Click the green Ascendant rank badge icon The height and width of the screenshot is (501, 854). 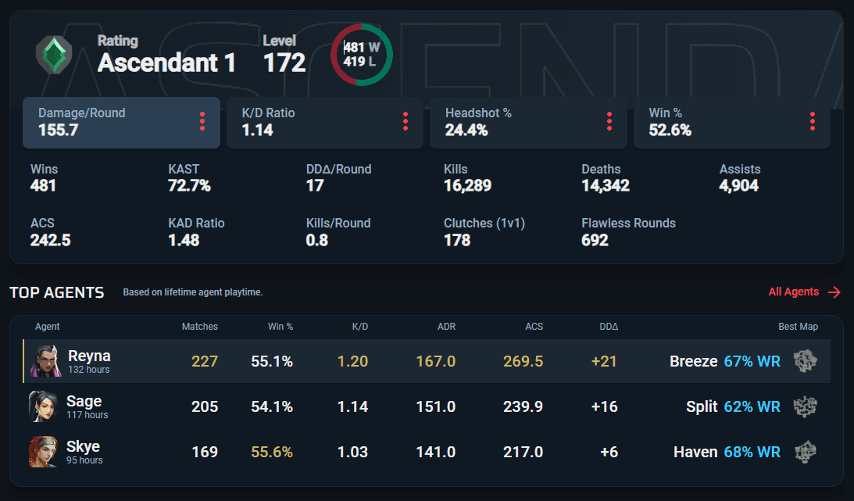pyautogui.click(x=54, y=55)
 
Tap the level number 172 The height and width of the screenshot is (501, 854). pyautogui.click(x=284, y=63)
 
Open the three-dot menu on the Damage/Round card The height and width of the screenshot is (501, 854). pyautogui.click(x=202, y=121)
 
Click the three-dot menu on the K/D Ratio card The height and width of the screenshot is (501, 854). pyautogui.click(x=406, y=121)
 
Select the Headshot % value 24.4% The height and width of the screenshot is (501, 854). pyautogui.click(x=466, y=131)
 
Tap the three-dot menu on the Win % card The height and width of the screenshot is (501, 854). pyautogui.click(x=812, y=121)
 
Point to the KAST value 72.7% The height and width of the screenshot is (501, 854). pyautogui.click(x=189, y=186)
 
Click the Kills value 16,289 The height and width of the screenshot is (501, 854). pyautogui.click(x=467, y=186)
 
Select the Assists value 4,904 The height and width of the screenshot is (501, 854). pyautogui.click(x=738, y=186)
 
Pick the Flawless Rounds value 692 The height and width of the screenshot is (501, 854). pyautogui.click(x=595, y=240)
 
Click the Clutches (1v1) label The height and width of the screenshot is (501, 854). pyautogui.click(x=484, y=224)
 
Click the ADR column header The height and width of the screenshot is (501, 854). pyautogui.click(x=446, y=327)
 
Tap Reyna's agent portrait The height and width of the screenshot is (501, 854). pyautogui.click(x=46, y=361)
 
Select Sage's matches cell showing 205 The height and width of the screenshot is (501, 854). pyautogui.click(x=205, y=406)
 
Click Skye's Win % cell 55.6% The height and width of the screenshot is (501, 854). pyautogui.click(x=272, y=452)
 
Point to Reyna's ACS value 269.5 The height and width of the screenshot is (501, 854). pyautogui.click(x=523, y=362)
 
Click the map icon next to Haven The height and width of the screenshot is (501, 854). pyautogui.click(x=806, y=452)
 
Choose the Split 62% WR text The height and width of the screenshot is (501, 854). pyautogui.click(x=733, y=406)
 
